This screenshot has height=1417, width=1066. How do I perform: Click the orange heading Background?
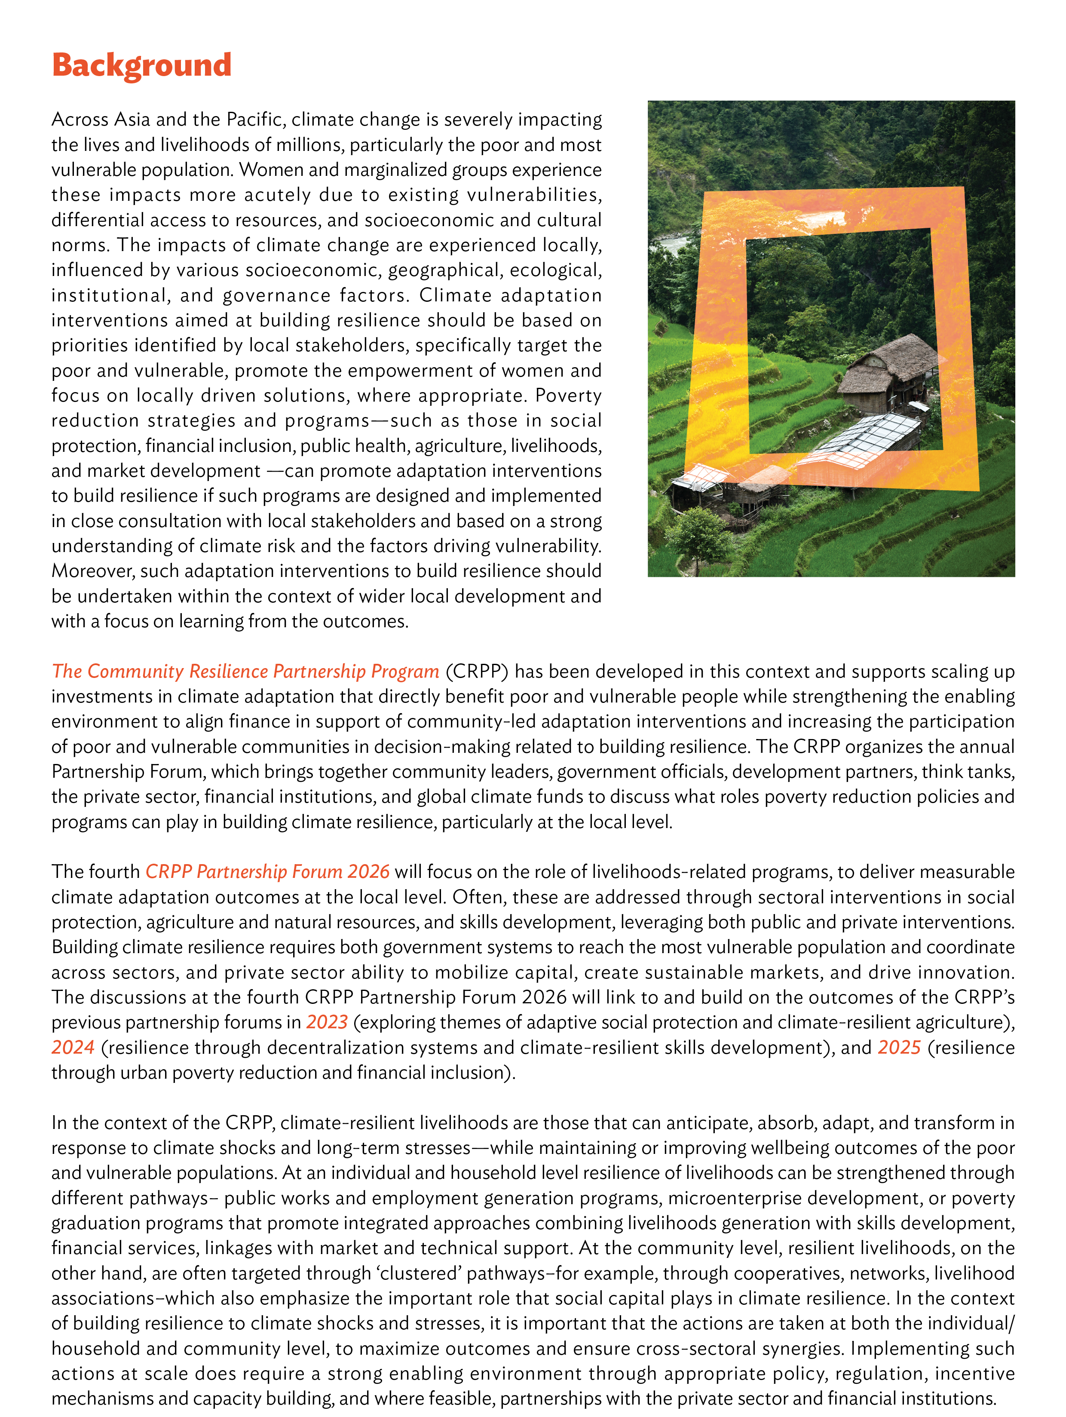[141, 65]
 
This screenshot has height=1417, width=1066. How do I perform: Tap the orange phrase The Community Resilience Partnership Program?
[245, 672]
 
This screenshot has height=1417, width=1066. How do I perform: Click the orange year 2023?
[327, 1022]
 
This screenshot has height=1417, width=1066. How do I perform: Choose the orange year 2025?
[899, 1047]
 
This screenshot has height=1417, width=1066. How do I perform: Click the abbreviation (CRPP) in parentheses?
[477, 672]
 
